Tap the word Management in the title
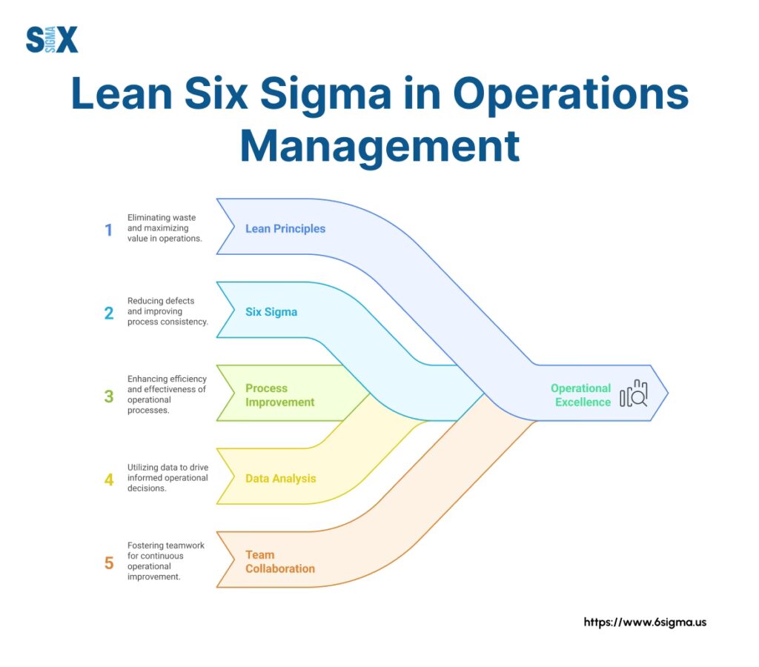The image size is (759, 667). point(379,146)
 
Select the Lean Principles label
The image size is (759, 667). point(285,228)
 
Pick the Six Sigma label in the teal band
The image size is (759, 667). point(271,312)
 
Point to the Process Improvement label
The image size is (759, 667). point(280,395)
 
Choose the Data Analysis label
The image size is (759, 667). point(281,479)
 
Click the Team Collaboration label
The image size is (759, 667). point(280,562)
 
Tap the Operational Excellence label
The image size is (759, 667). point(581,395)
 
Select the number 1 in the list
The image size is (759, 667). point(108,230)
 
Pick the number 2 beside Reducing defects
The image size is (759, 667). point(109,313)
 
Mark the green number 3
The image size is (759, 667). point(109,396)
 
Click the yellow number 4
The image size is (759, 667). point(109,479)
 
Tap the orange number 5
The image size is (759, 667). point(109,563)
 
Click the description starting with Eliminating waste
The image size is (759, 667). point(165,228)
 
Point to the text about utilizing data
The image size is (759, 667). point(168,478)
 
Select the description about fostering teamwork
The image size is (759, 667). point(165,561)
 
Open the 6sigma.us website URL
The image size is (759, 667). point(645,623)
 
